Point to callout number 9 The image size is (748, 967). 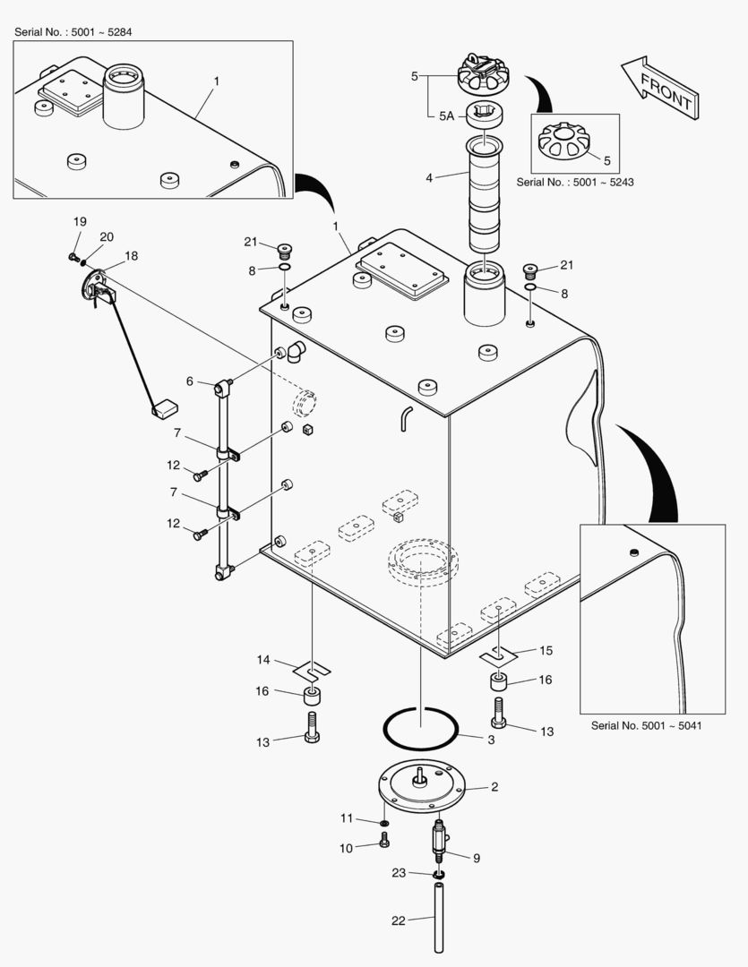476,857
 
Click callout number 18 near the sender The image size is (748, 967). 132,256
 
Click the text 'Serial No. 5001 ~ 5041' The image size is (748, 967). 645,725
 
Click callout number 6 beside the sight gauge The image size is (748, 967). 189,381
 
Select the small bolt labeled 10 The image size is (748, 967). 385,841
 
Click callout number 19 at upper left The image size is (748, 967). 80,221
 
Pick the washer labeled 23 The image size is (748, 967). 440,874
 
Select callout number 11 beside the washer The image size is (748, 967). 347,817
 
